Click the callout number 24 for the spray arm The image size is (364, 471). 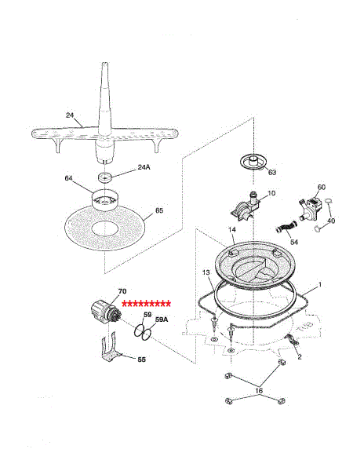coord(70,115)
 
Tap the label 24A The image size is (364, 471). coord(144,167)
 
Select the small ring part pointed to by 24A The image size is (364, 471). coord(105,177)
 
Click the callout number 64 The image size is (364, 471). coord(69,178)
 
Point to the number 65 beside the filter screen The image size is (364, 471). coord(159,210)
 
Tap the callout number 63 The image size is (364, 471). coord(272,173)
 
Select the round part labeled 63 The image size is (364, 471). coord(254,162)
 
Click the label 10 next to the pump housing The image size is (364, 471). coord(271,193)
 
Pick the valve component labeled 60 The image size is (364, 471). coord(311,208)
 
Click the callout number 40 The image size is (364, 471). coord(331,221)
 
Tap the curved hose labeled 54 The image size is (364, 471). coord(286,227)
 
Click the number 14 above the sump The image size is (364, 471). coord(232,230)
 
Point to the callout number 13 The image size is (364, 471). coord(206,272)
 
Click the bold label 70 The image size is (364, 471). coord(122,291)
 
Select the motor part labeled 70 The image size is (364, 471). coord(106,312)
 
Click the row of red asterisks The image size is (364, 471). coord(147,304)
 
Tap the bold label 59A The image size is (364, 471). coord(162,319)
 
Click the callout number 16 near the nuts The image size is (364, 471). coord(259,390)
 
